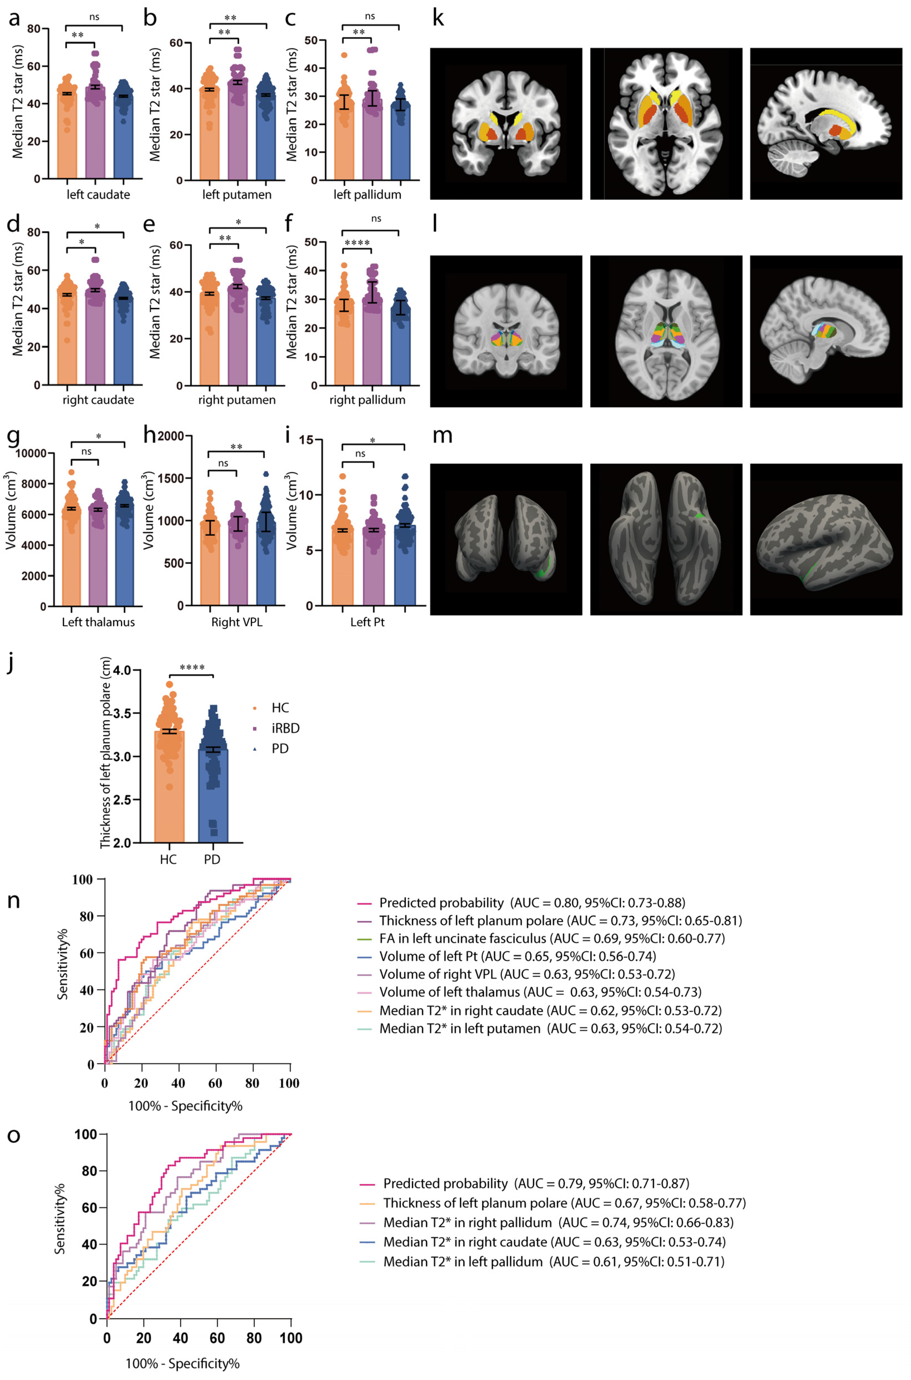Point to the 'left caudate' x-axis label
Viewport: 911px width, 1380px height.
click(98, 195)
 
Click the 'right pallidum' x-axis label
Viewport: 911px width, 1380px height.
click(367, 400)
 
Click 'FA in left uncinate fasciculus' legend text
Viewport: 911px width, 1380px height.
click(462, 938)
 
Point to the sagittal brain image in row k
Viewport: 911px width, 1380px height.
click(826, 124)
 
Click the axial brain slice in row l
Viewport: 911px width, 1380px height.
click(666, 331)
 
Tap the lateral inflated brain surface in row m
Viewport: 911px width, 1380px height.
click(826, 539)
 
